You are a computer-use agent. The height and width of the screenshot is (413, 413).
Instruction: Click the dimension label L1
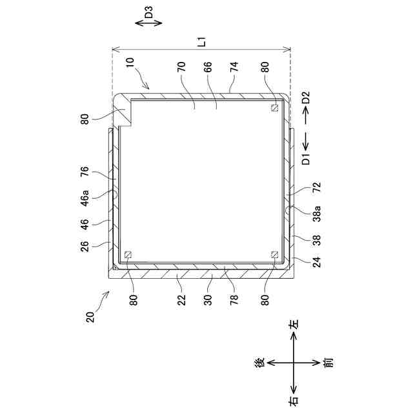[202, 42]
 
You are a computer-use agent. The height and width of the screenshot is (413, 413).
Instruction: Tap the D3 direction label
[149, 12]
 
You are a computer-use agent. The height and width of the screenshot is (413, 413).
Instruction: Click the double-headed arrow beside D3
[148, 23]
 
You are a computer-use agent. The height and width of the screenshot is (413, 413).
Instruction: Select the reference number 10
[130, 63]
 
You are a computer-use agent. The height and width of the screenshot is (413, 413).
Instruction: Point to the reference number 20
[90, 317]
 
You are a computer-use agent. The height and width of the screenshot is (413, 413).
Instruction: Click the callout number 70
[181, 66]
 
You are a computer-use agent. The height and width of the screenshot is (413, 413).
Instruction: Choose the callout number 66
[208, 66]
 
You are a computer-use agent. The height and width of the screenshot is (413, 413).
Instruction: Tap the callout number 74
[234, 66]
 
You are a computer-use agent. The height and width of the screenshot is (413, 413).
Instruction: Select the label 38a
[317, 214]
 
